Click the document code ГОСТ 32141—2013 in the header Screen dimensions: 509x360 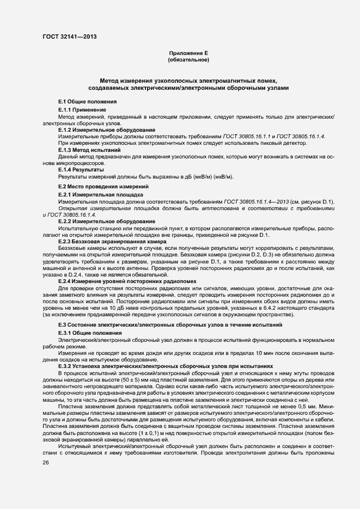tap(70, 36)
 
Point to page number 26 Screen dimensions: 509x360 tap(46, 462)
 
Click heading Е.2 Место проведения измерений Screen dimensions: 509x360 tap(102, 187)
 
